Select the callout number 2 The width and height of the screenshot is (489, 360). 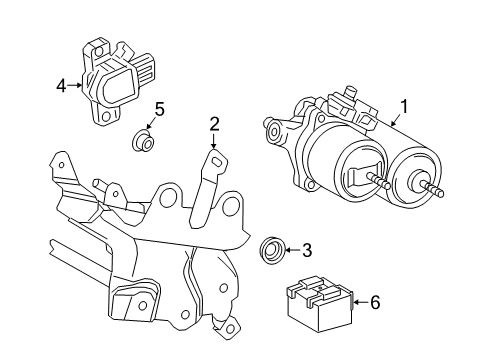214,124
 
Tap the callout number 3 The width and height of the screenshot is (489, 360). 307,249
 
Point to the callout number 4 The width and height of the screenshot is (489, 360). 60,86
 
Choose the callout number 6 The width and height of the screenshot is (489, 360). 374,302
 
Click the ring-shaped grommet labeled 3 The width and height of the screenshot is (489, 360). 271,250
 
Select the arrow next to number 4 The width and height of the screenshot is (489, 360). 76,86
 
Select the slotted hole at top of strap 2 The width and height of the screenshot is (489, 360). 214,157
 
